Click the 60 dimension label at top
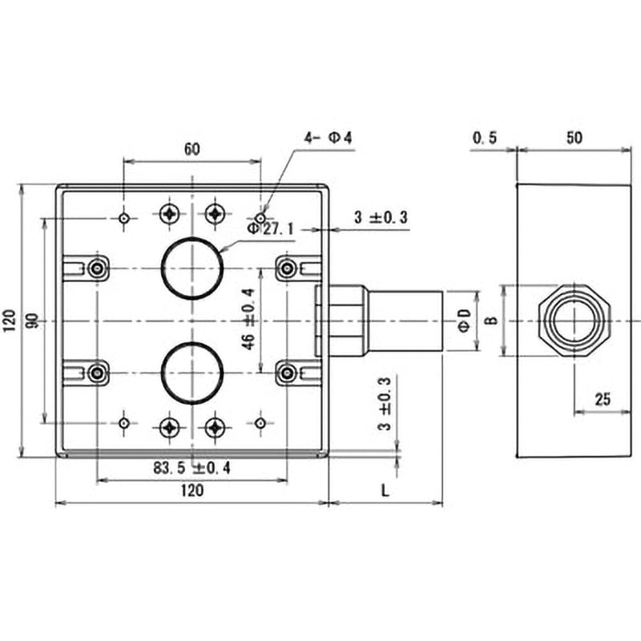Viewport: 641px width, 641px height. tap(192, 149)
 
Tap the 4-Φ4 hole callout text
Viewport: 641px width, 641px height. tap(328, 138)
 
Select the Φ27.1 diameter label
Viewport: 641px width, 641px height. tap(271, 229)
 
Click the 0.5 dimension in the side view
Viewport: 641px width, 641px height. tap(485, 138)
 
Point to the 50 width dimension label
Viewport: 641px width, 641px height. tap(574, 138)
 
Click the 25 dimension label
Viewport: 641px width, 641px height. tap(603, 399)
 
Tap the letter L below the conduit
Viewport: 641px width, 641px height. tap(385, 490)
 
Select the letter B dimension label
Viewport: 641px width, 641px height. tap(493, 320)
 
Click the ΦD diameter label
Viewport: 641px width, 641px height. tap(465, 321)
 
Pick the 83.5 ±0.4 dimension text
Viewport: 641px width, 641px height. tap(191, 468)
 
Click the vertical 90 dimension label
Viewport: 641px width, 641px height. tap(34, 320)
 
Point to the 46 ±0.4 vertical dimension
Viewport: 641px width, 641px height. tap(248, 319)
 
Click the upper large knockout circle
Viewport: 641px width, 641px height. tap(192, 238)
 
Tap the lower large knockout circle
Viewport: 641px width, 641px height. tap(192, 344)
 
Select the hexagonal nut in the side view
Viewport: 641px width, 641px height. tap(539, 321)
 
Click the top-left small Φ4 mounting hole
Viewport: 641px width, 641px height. tap(124, 218)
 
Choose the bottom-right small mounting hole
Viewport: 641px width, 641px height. tap(260, 424)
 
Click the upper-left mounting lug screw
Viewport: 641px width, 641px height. tap(97, 268)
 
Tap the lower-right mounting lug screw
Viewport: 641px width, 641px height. tap(288, 373)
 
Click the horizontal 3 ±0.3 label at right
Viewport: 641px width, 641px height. tap(381, 217)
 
